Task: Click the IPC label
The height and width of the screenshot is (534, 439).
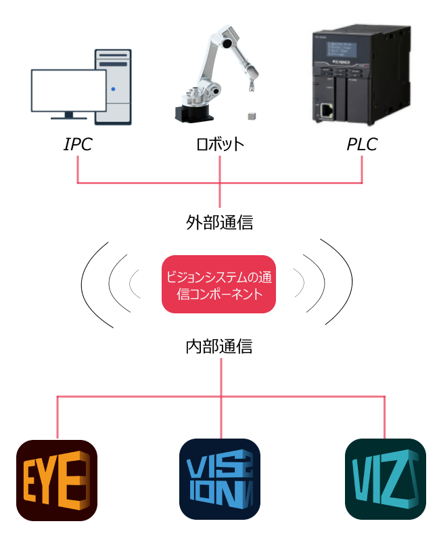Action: [78, 145]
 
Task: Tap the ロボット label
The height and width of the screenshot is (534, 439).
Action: [220, 145]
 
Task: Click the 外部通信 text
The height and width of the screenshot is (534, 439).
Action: [220, 223]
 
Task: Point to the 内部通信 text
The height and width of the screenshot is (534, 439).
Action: [220, 347]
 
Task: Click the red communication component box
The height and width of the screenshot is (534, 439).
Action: [219, 284]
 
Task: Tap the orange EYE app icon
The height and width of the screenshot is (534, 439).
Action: [57, 480]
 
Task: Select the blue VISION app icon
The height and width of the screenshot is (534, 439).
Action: [220, 480]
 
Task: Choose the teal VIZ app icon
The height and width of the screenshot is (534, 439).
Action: [385, 480]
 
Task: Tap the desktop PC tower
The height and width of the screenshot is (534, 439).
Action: [113, 86]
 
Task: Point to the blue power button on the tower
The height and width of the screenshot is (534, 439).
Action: [114, 89]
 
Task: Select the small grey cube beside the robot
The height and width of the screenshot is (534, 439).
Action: [253, 115]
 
